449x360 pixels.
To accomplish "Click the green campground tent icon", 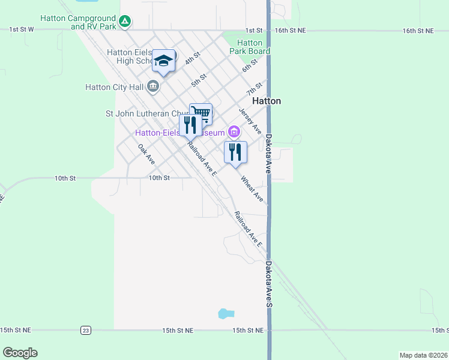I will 124,22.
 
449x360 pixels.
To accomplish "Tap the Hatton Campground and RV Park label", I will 78,22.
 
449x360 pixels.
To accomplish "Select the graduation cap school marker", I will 163,61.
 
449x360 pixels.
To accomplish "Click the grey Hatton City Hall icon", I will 153,86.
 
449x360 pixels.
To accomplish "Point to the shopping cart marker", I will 200,113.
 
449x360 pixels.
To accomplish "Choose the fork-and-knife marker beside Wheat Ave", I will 235,151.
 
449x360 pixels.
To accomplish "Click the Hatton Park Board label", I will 250,47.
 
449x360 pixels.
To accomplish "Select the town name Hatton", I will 267,101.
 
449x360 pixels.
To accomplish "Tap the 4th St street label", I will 192,59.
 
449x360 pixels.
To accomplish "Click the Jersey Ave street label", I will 250,121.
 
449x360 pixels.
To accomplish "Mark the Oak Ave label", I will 146,155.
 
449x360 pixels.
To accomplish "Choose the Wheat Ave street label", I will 252,188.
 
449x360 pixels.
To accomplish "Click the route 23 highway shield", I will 86,330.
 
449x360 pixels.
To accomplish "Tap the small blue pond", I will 225,313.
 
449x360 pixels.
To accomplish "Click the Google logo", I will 20,352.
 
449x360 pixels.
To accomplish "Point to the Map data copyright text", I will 423,355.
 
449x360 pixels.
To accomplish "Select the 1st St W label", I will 21,29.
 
